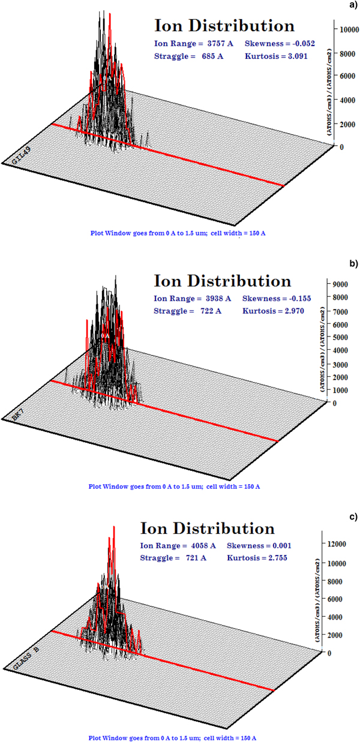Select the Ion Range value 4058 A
pos(201,546)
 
